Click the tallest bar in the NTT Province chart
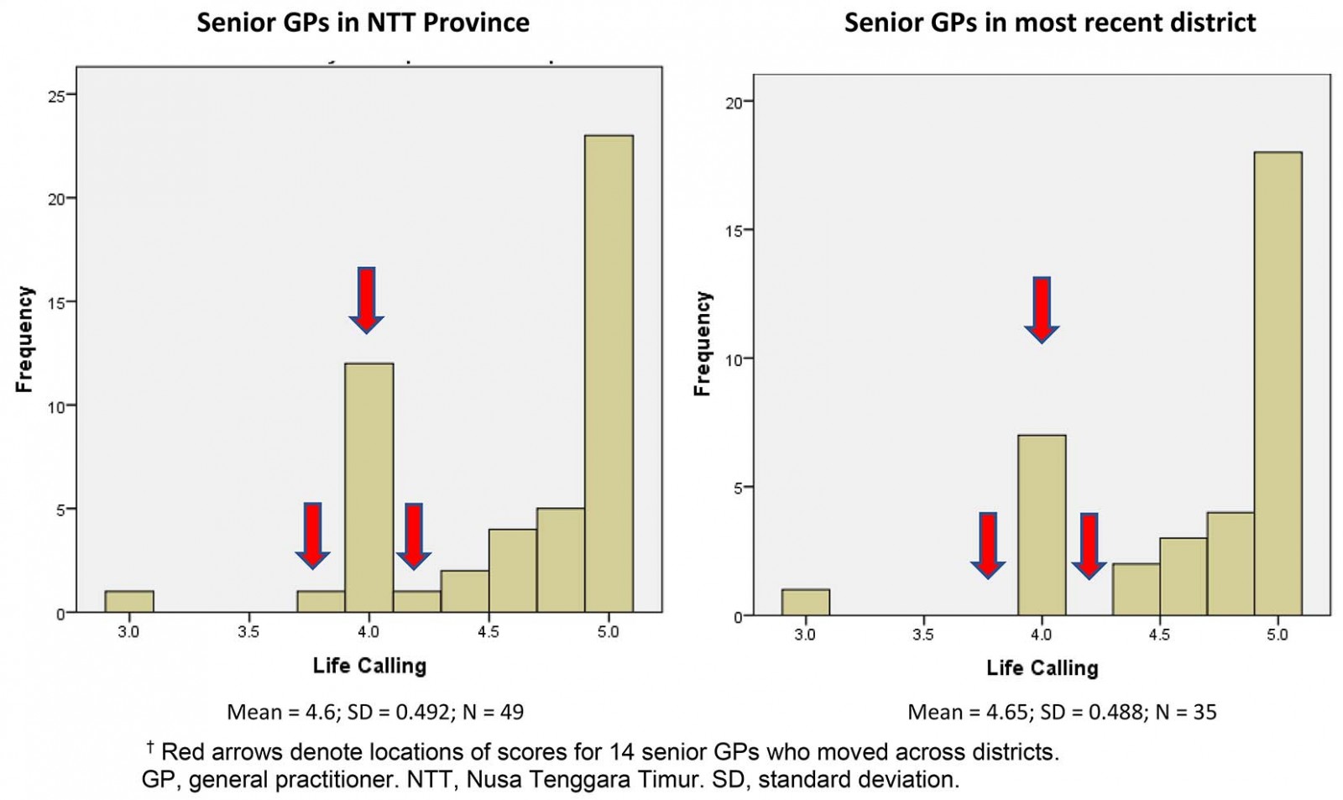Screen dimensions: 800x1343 coord(609,374)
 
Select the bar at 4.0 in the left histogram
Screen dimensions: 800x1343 coord(368,487)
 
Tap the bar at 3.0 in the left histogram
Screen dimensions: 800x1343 coord(129,601)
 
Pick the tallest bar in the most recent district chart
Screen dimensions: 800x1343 coord(1278,384)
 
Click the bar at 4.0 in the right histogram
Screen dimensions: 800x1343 coord(1042,525)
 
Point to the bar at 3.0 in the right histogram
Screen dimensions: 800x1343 coord(805,602)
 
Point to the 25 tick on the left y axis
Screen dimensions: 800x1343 coord(56,96)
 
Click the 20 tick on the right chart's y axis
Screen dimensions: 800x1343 coord(734,102)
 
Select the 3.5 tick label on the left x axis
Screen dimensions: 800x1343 coord(248,631)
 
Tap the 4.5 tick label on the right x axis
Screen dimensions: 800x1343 coord(1159,635)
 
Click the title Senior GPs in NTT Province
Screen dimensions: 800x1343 coord(363,23)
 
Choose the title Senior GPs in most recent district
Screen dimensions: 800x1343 coord(1049,23)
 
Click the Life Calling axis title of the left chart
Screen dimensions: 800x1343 coord(369,667)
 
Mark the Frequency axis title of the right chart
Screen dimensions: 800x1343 coord(703,343)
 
